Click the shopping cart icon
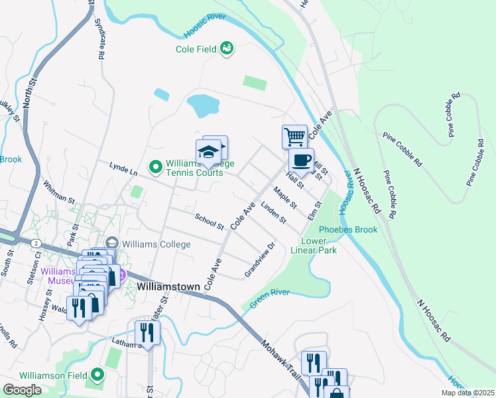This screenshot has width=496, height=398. [x=294, y=137]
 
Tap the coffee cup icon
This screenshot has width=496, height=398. [x=301, y=160]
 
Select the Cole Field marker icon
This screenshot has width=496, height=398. [x=227, y=48]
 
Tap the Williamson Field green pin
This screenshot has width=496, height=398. [x=98, y=375]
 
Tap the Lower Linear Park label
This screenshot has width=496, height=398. [x=318, y=245]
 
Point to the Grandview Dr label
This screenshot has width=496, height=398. [x=259, y=260]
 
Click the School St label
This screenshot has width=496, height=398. [x=210, y=222]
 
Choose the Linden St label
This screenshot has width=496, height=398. [x=273, y=212]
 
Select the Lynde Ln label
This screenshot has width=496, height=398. [x=123, y=168]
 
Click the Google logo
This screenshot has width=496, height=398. [x=22, y=390]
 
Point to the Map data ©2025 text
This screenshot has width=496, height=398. [x=467, y=393]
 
